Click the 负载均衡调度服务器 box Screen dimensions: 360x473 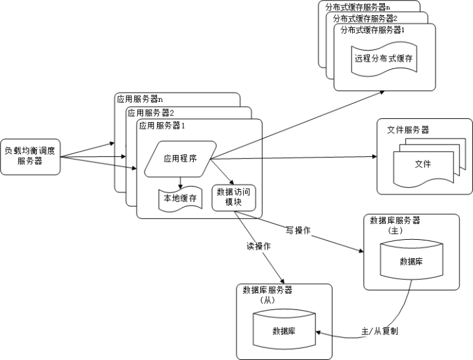point(30,156)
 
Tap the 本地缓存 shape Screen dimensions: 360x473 point(179,198)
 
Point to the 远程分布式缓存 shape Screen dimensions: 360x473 point(384,58)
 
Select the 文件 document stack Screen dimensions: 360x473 point(422,164)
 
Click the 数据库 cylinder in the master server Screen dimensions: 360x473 point(411,261)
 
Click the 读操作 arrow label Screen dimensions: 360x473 point(258,246)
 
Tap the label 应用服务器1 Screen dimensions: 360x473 point(162,125)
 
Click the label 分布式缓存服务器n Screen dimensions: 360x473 point(359,7)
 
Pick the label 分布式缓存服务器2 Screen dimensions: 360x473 point(365,18)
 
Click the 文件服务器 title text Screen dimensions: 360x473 point(407,130)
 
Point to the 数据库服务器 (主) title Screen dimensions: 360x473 point(395,225)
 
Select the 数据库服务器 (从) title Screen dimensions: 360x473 point(267,294)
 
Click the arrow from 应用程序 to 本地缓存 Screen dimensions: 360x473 point(180,179)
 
